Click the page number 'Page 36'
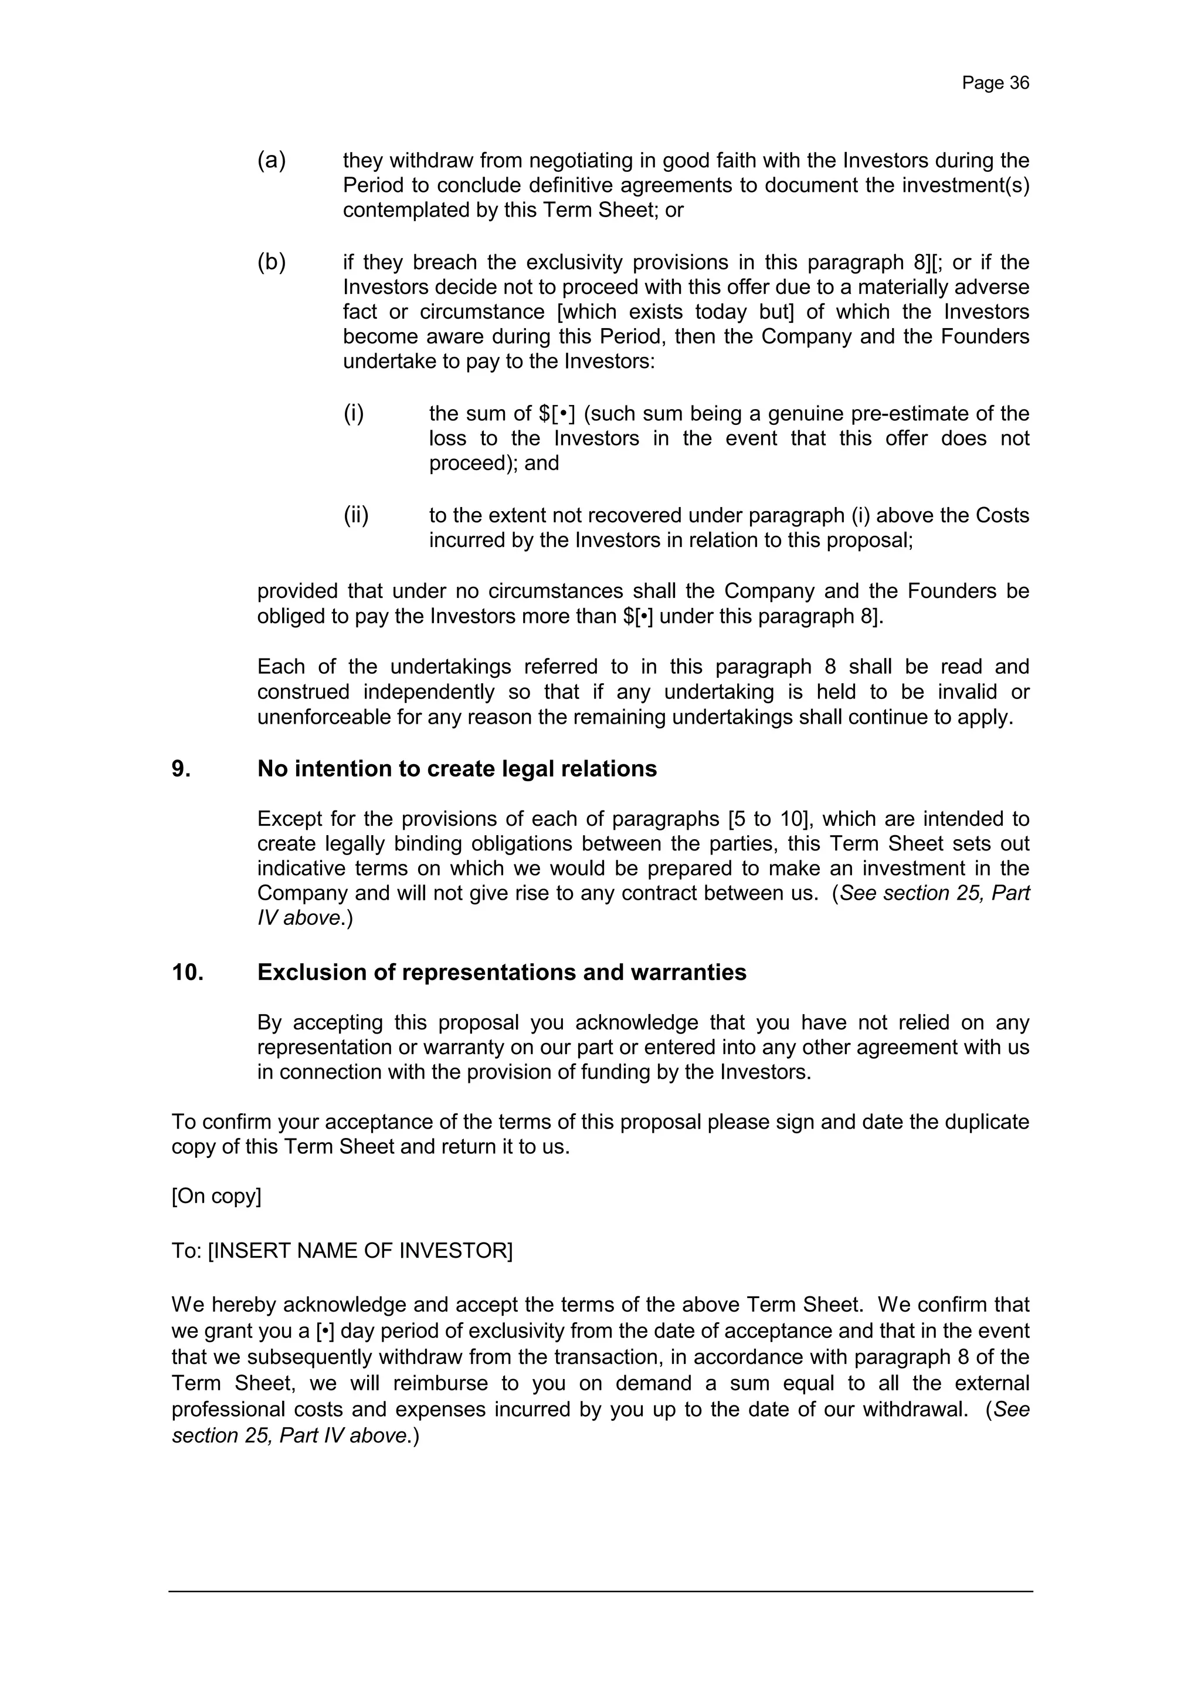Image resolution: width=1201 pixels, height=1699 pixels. pyautogui.click(x=995, y=83)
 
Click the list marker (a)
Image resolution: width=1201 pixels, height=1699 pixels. pyautogui.click(x=272, y=161)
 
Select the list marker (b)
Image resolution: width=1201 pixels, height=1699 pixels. pyautogui.click(x=272, y=262)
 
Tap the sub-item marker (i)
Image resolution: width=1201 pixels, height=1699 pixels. pyautogui.click(x=354, y=413)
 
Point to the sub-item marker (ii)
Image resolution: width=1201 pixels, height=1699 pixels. pyautogui.click(x=356, y=515)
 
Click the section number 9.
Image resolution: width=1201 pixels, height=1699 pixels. pyautogui.click(x=181, y=769)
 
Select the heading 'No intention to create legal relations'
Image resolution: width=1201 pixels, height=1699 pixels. pyautogui.click(x=456, y=769)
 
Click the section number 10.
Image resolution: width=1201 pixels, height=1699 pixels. pyautogui.click(x=187, y=972)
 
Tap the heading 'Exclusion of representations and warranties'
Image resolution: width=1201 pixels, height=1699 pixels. pyautogui.click(x=501, y=972)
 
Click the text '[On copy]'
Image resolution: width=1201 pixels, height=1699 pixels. pyautogui.click(x=216, y=1197)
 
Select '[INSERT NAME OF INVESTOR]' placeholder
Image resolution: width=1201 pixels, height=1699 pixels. pyautogui.click(x=360, y=1251)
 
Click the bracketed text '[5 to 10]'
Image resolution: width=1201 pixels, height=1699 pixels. pyautogui.click(x=771, y=819)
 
